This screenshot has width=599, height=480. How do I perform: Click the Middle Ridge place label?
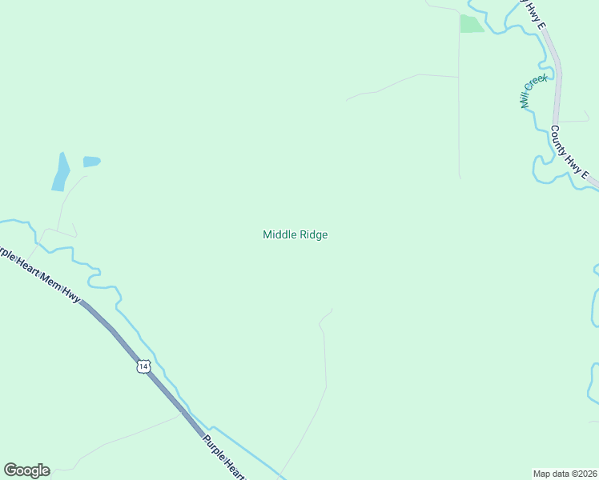pyautogui.click(x=295, y=234)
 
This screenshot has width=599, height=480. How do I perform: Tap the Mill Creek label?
pyautogui.click(x=533, y=91)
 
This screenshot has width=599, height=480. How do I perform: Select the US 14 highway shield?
pyautogui.click(x=143, y=366)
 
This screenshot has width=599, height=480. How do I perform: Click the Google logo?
pyautogui.click(x=26, y=470)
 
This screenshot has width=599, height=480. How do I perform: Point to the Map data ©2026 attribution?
pyautogui.click(x=565, y=473)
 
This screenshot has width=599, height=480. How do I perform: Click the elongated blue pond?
pyautogui.click(x=61, y=171)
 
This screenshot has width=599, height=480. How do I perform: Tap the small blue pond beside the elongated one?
pyautogui.click(x=91, y=162)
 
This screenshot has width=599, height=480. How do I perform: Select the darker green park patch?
pyautogui.click(x=471, y=24)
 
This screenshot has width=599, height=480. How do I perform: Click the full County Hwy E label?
pyautogui.click(x=569, y=153)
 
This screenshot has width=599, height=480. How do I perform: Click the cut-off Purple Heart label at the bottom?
pyautogui.click(x=223, y=457)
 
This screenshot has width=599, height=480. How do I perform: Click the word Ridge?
pyautogui.click(x=313, y=234)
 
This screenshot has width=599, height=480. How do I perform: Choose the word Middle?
pyautogui.click(x=279, y=234)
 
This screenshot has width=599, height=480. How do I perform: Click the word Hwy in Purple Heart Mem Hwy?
pyautogui.click(x=74, y=298)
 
